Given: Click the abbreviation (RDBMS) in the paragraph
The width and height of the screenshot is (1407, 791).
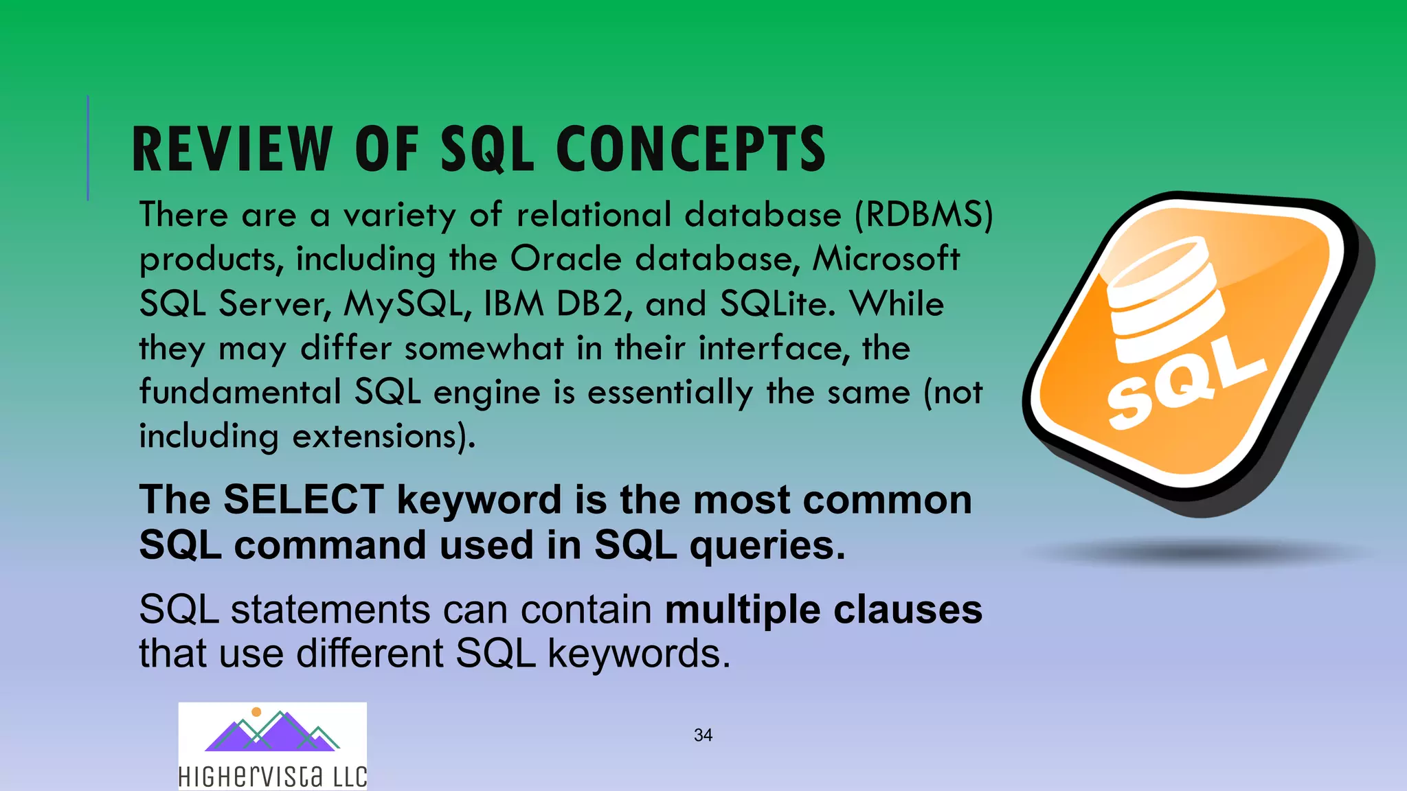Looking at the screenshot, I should point(924,215).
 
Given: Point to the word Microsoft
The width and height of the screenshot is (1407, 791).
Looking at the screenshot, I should point(886,260).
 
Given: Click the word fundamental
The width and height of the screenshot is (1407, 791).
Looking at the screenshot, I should point(240,393).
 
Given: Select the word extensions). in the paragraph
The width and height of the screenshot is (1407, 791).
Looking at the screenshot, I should point(384,437).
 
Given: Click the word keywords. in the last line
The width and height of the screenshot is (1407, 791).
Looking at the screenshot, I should point(639,653).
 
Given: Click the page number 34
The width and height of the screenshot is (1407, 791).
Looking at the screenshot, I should point(703,735).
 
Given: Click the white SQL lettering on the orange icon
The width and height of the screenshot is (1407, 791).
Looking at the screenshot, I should point(1185,385).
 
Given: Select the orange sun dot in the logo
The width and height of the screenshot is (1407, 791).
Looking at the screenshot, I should point(256,712).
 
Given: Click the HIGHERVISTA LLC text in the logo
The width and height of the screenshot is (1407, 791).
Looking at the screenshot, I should point(272,777).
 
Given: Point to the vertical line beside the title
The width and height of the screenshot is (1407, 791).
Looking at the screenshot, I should point(88,148).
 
